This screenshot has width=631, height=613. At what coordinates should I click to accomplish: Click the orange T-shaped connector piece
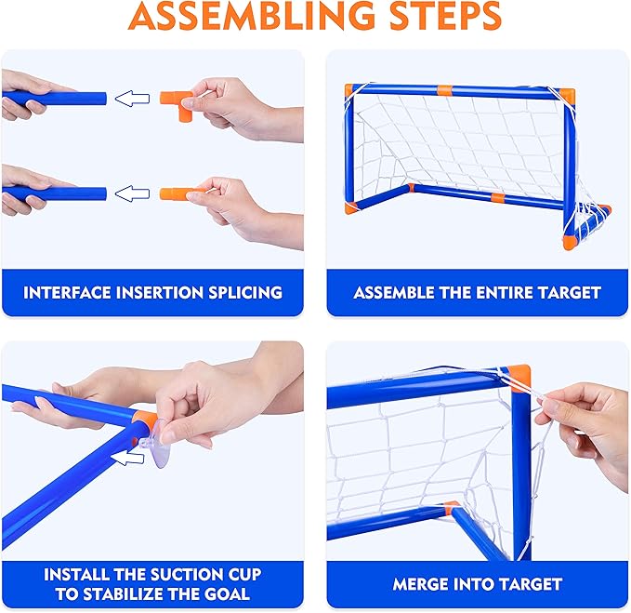(x=177, y=105)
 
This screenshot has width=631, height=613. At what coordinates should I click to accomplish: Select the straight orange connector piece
(x=178, y=193)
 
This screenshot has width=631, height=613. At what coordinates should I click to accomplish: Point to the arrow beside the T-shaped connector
(x=132, y=99)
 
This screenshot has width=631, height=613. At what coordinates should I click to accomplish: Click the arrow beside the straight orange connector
(x=132, y=193)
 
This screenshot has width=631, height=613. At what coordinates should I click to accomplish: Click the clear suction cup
(x=156, y=444)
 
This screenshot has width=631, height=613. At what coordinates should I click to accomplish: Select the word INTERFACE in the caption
(x=67, y=293)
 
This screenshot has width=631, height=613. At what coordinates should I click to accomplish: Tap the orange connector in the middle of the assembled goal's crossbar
(x=445, y=90)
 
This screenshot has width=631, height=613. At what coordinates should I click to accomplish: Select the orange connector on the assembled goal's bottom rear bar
(x=498, y=198)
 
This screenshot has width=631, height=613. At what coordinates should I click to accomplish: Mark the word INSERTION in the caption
(x=160, y=293)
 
